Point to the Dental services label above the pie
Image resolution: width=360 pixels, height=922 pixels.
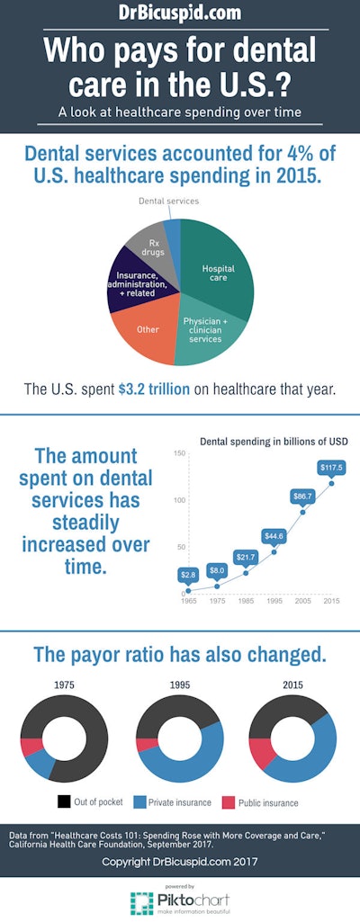tap(168, 201)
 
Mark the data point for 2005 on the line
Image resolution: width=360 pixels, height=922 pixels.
tap(303, 512)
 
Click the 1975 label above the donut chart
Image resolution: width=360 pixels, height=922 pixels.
tap(63, 685)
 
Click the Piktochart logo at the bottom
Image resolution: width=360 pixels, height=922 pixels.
tap(180, 901)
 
